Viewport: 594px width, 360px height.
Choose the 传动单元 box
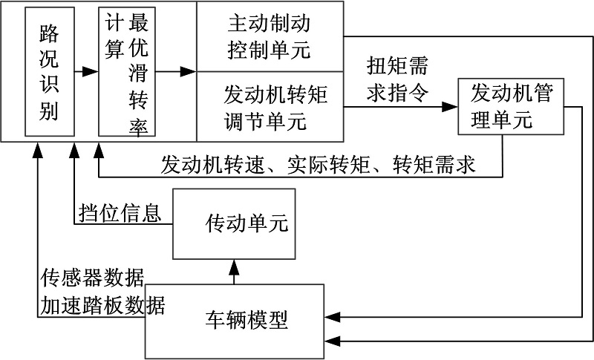235,223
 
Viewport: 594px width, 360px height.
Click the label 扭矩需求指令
397,79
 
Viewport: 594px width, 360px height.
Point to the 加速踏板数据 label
102,304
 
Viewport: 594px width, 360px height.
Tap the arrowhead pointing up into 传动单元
235,264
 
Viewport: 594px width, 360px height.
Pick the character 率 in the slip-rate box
137,126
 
